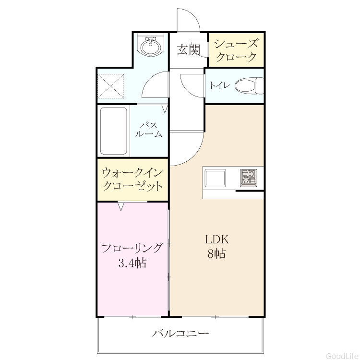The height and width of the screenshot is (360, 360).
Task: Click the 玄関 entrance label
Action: click(189, 49)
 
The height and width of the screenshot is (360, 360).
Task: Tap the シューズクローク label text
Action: click(236, 50)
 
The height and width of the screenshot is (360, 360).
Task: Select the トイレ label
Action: click(219, 85)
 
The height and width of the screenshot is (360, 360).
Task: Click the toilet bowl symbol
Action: click(249, 85)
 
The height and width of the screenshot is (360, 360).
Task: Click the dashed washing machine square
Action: click(111, 86)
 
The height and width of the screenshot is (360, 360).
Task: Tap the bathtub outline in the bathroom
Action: click(114, 131)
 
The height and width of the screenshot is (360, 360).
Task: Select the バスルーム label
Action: click(149, 130)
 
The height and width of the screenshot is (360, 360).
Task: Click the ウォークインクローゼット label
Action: click(132, 180)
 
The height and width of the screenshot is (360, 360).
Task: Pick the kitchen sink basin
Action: click(215, 178)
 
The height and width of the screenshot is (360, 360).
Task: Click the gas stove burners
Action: click(249, 178)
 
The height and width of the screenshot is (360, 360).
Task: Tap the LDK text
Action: click(217, 240)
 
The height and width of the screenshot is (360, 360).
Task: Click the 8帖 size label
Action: click(217, 254)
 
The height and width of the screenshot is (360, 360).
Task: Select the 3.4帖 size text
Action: click(132, 263)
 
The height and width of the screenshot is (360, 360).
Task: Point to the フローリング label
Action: click(132, 248)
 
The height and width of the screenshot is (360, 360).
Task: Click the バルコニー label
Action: click(180, 333)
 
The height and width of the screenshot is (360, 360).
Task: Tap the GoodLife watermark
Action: click(342, 356)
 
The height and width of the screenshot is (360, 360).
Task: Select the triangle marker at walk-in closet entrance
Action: click(121, 206)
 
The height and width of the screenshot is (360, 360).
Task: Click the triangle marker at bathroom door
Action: click(165, 109)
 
